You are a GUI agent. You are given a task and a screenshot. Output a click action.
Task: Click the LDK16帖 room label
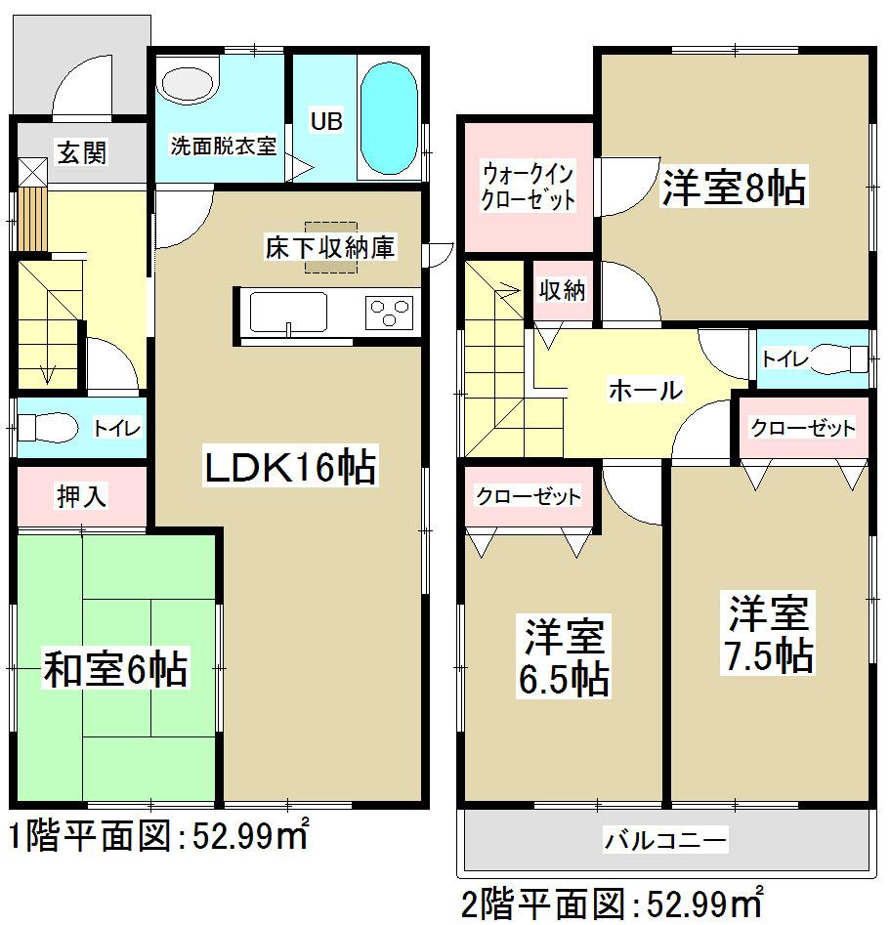pos(289,468)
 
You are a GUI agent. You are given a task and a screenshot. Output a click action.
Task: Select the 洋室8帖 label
pos(735,188)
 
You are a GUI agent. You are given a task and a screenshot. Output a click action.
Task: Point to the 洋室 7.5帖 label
pos(769,635)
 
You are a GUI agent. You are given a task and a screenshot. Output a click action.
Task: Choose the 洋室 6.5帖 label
pos(564,656)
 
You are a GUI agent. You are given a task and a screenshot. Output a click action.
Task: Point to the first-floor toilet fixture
pos(43,427)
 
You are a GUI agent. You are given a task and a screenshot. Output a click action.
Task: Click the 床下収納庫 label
pos(329,247)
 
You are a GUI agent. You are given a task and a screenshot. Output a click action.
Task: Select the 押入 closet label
pos(81,496)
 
